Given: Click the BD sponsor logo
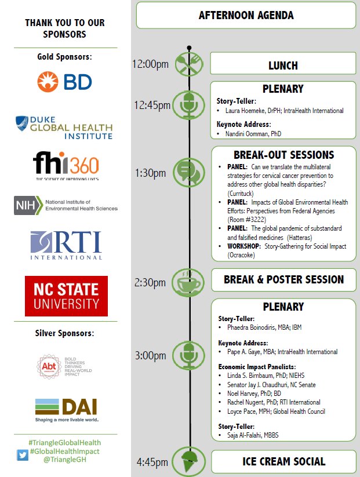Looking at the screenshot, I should coord(65,81).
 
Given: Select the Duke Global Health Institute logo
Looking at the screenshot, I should coord(64,127).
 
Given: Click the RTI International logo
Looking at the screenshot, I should coord(66,245).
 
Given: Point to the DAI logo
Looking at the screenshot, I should coord(66,410).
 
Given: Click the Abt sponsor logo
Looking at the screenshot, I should coord(65,366).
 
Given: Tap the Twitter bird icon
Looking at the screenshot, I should coord(23,456).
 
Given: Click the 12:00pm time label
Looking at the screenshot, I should coord(150,64).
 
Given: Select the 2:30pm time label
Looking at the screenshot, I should coord(150,282).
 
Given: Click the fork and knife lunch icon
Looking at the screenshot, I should coord(189,64).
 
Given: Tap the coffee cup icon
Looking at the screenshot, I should coord(189,282).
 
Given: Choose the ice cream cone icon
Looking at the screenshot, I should coord(189,461).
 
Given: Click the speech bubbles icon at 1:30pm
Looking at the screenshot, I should coord(189,172).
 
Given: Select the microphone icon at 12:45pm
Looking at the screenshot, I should coord(189,105).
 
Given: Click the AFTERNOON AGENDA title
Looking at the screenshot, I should coord(246,16).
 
